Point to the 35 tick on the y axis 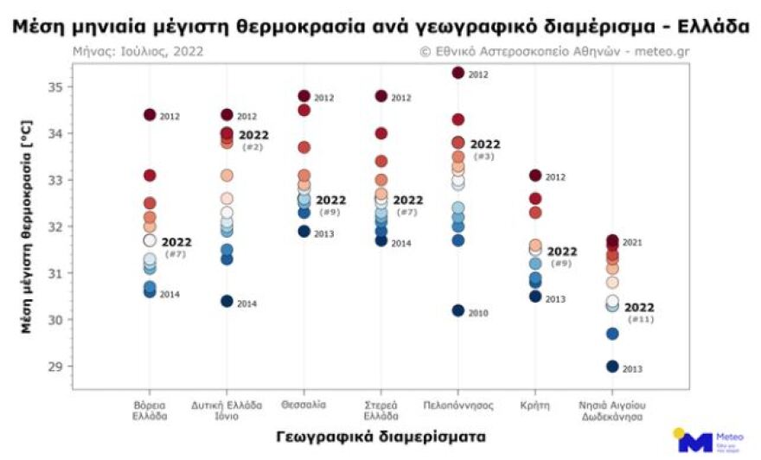(x=54, y=87)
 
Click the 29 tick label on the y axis (x=54, y=367)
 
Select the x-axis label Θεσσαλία (x=304, y=404)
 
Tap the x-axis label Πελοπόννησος (x=458, y=404)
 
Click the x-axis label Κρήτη (x=535, y=404)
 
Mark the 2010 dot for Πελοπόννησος (x=458, y=310)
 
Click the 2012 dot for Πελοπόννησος (x=458, y=73)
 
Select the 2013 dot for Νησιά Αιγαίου (x=612, y=367)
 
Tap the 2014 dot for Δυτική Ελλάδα (x=227, y=302)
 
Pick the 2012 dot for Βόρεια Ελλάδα (x=150, y=115)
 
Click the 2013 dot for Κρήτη (x=535, y=297)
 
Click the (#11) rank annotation (x=639, y=320)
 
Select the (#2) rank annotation (x=253, y=148)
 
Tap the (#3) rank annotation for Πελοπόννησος (x=484, y=157)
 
